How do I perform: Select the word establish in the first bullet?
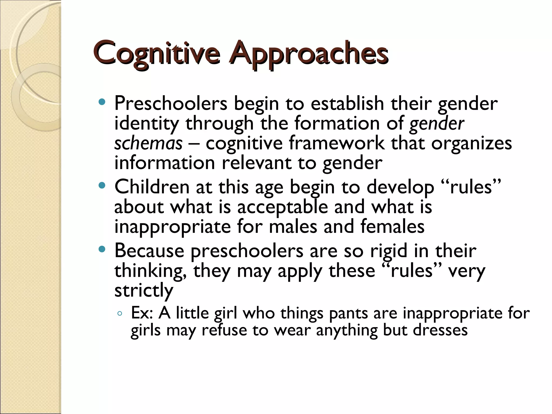[x=347, y=103]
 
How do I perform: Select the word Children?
[x=152, y=187]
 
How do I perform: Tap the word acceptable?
[x=282, y=207]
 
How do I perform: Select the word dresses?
[x=440, y=330]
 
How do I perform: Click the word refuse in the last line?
[x=224, y=330]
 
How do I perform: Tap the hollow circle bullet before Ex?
[x=120, y=314]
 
